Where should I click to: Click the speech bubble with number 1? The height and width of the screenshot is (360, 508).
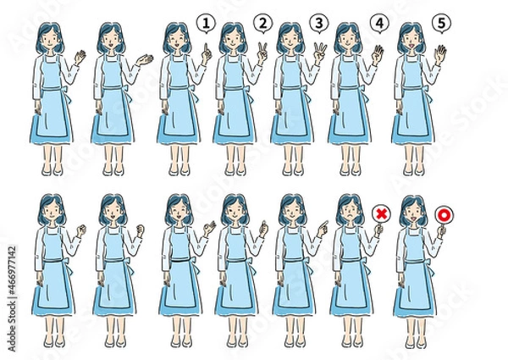tap(206, 24)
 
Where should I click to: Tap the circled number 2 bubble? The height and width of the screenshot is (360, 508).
tap(263, 24)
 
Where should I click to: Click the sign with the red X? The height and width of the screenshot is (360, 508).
tap(380, 215)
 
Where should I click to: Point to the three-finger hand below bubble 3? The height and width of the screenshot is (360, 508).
tap(319, 52)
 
